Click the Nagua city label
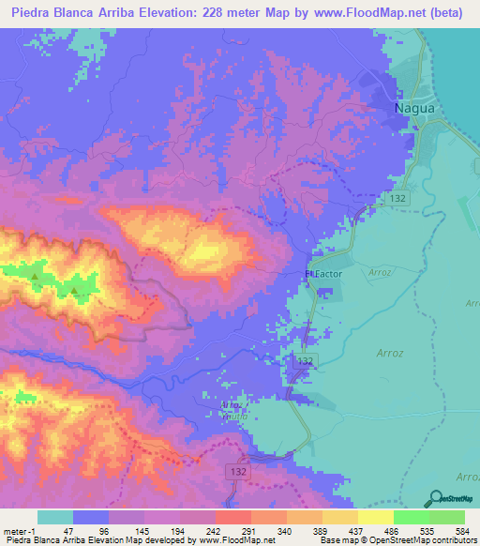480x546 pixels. (413, 108)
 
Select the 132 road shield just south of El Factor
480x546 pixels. (304, 361)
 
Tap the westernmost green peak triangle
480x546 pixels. (35, 277)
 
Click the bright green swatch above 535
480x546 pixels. (411, 517)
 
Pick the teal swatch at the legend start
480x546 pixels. (54, 517)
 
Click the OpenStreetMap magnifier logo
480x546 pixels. (435, 498)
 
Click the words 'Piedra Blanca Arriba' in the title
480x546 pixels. (68, 14)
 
